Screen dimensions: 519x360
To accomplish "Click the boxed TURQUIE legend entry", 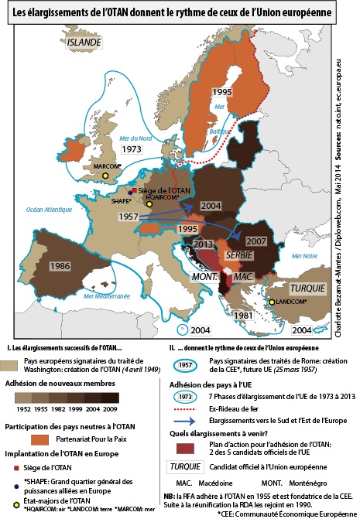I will point(185,469).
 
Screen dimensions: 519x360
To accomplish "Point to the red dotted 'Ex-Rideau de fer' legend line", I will point(184,408).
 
